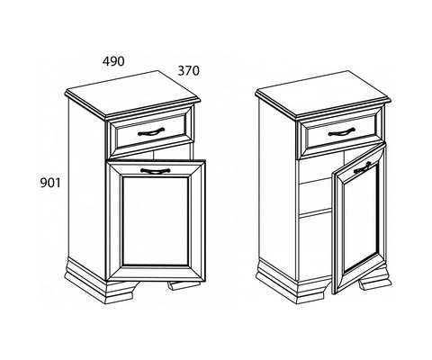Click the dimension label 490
point(113,61)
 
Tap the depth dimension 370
point(189,71)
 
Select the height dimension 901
point(50,183)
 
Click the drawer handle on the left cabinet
point(151,131)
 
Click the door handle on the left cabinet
point(156,171)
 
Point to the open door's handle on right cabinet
point(363,167)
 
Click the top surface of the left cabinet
point(132,92)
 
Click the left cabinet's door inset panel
point(156,221)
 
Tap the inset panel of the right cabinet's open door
point(361,220)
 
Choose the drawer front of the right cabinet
point(341,132)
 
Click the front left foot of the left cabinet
point(120,291)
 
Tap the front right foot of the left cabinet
point(183,285)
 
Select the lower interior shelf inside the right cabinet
point(316,212)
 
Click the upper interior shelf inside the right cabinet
point(316,182)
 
